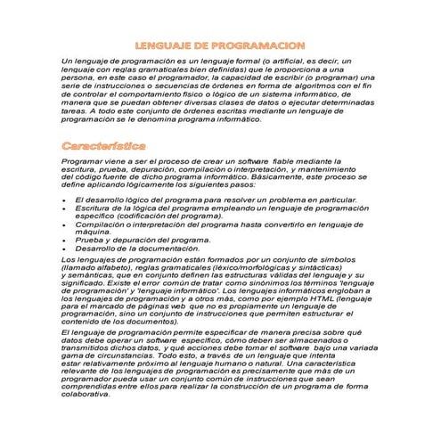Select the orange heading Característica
pos(105,144)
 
